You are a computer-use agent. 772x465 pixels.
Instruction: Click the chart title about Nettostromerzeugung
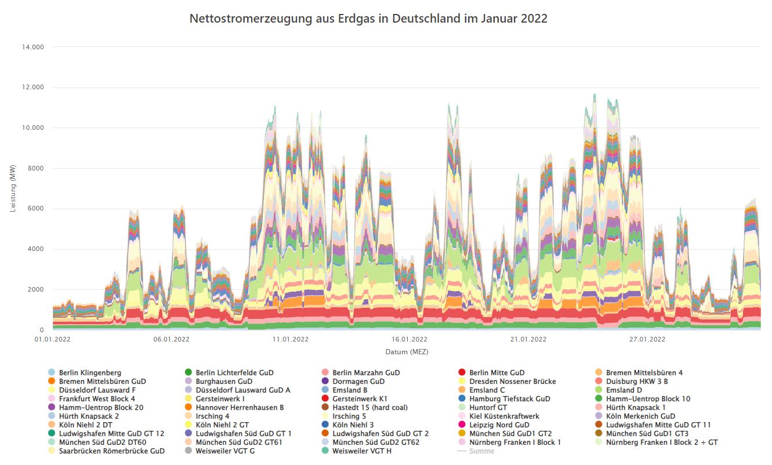tap(368, 19)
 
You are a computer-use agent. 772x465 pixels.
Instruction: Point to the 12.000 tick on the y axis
tap(32, 88)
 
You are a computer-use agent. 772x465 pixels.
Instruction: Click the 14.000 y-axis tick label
tap(32, 47)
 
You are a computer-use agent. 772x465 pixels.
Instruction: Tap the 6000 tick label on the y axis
tap(36, 209)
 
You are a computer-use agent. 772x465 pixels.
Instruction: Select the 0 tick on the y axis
tap(42, 330)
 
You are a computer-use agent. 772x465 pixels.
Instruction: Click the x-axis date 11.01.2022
tap(290, 340)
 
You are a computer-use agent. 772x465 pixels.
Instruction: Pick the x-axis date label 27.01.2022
tap(649, 340)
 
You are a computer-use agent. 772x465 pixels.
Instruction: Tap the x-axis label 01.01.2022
tap(53, 340)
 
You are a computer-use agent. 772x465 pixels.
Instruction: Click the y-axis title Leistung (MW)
tap(13, 188)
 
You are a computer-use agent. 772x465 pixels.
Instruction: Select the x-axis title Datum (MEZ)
tap(407, 352)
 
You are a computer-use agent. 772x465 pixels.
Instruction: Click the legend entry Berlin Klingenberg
tap(90, 373)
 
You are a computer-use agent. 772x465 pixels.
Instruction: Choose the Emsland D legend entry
tap(624, 390)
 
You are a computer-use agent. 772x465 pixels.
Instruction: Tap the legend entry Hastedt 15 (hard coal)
tap(369, 408)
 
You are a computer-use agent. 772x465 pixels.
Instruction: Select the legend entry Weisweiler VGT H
tap(362, 451)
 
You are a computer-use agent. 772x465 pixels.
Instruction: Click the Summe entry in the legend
tap(481, 451)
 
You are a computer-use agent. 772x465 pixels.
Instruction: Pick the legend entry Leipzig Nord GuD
tap(499, 425)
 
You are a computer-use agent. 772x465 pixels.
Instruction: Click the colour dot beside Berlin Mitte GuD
tap(462, 373)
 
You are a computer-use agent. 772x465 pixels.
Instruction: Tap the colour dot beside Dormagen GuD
tap(325, 382)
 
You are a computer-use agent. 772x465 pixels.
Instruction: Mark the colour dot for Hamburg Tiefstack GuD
tap(462, 399)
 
